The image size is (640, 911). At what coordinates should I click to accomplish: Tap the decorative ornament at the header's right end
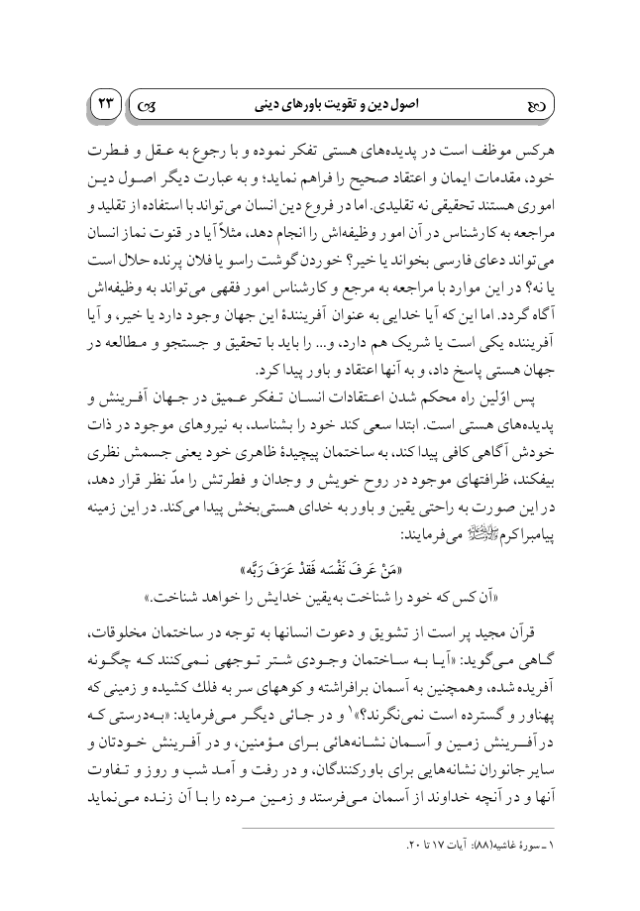coord(533,103)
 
